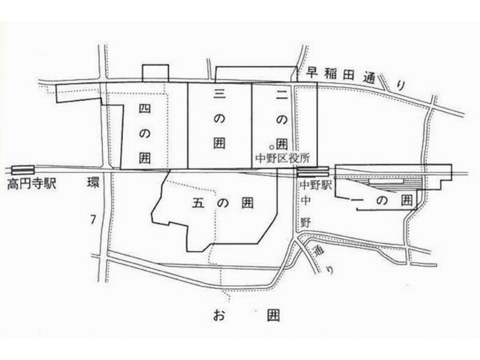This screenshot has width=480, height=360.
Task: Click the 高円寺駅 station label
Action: click(31, 183)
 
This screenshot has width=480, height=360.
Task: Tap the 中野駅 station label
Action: click(315, 184)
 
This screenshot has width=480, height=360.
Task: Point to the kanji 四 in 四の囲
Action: click(145, 109)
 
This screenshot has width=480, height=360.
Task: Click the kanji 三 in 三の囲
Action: click(219, 95)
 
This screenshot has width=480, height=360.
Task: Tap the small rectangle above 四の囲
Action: click(155, 73)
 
